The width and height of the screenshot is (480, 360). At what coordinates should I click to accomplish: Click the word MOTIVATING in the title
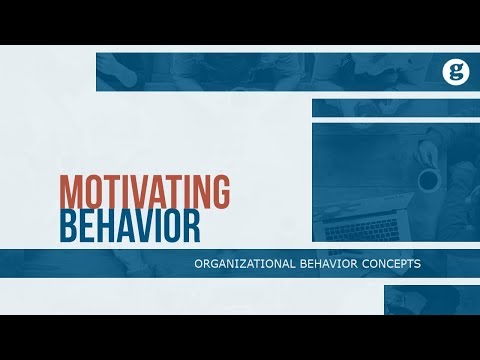pos(144,191)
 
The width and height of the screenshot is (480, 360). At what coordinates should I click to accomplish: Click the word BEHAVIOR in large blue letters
pos(129,226)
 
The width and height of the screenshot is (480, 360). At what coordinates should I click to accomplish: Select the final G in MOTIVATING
pos(219,191)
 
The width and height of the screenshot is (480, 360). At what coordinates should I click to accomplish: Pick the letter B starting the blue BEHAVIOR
pos(68,226)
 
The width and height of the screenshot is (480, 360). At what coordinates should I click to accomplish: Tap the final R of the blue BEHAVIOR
pos(190,226)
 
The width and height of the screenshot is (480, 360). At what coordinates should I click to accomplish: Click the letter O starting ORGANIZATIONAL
pos(200,265)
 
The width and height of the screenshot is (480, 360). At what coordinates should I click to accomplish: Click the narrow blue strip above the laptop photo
pos(394,107)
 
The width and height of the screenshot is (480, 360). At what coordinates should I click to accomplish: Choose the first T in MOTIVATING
pos(111,191)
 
